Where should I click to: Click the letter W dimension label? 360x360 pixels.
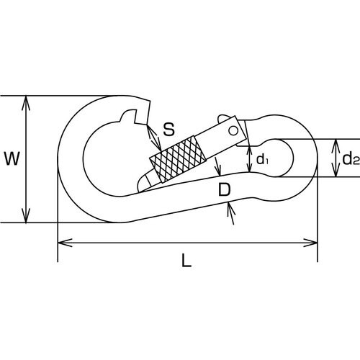(12, 158)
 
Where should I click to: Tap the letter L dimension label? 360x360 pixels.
(186, 261)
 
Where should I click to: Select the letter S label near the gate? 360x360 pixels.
(168, 129)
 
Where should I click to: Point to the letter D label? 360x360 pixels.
(225, 189)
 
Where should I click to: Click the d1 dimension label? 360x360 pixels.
(262, 159)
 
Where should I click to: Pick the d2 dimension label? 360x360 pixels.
(351, 158)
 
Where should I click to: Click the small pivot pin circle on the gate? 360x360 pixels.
(233, 131)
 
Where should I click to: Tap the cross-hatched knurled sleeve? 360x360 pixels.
(178, 159)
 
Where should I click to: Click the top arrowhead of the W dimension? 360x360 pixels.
(26, 103)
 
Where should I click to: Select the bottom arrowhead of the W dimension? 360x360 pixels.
(26, 215)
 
